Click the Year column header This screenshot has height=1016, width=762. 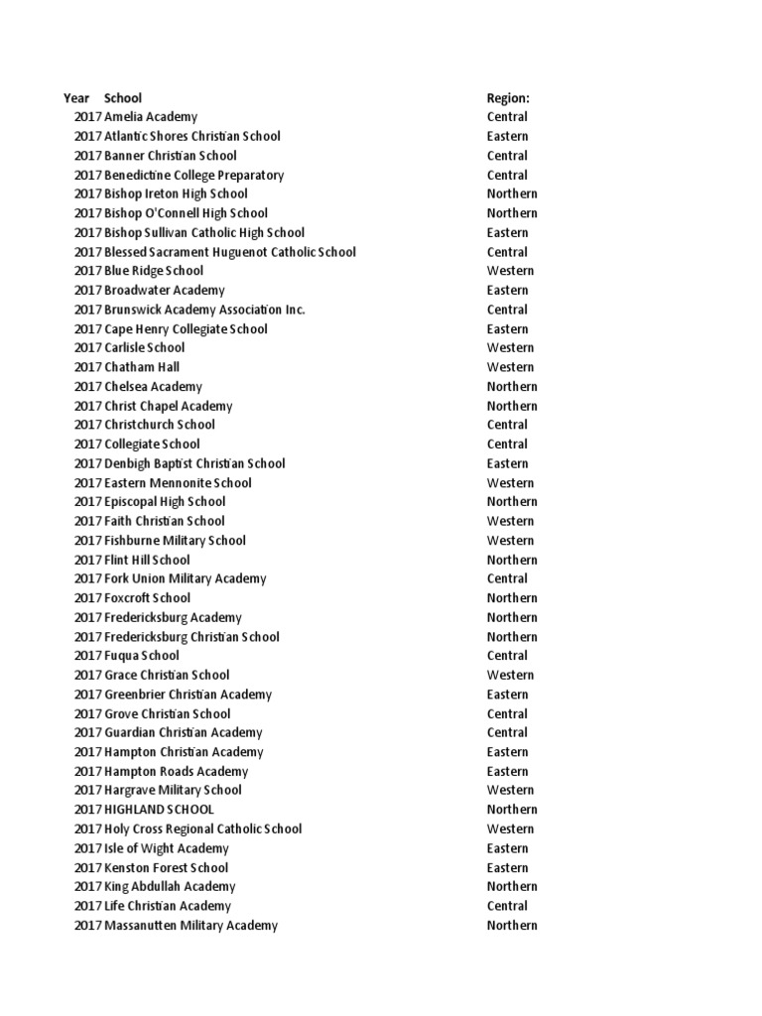(76, 98)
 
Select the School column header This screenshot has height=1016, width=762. (123, 98)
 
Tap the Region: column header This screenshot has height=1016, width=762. (508, 98)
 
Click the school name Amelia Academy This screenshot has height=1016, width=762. (151, 117)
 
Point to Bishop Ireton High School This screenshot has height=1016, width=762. (176, 193)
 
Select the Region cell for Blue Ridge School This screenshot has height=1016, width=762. (510, 271)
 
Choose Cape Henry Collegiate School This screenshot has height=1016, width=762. (186, 328)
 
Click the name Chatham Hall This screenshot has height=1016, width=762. (142, 367)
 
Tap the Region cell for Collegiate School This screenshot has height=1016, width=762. (507, 444)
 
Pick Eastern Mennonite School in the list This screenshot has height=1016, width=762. (178, 482)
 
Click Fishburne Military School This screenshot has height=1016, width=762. (175, 540)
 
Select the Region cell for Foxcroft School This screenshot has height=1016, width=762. (512, 597)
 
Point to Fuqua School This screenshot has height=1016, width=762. (142, 655)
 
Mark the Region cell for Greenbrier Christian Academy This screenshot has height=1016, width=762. (507, 694)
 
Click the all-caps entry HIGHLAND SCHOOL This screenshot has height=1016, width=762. (159, 810)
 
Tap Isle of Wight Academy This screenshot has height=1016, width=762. (167, 848)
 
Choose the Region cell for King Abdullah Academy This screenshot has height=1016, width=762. (512, 886)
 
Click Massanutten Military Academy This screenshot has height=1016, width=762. (190, 925)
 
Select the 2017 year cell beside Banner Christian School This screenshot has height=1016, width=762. (87, 156)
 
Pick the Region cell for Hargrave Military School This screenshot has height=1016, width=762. (510, 790)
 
